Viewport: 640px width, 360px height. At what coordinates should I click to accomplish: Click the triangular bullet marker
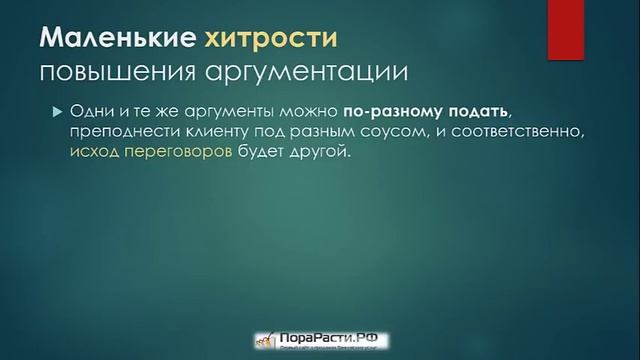pos(56,110)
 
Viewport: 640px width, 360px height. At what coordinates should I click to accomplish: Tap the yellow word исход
pos(95,154)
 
